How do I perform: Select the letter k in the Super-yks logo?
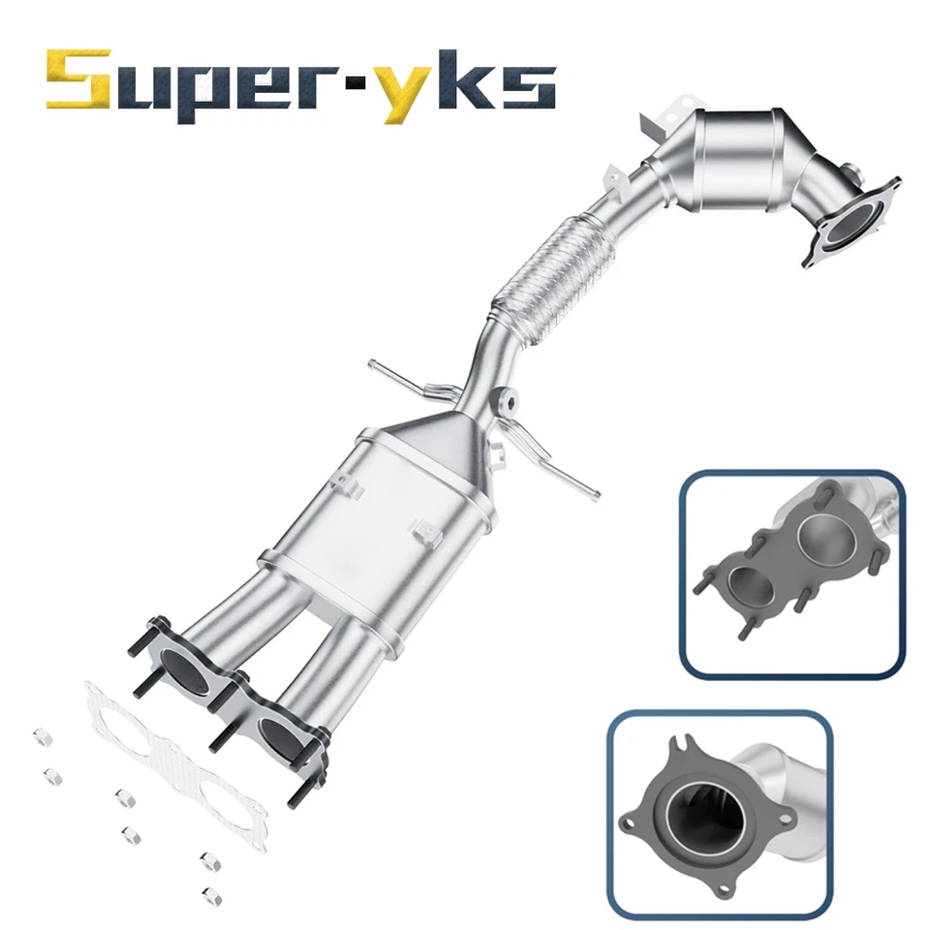[x=461, y=83]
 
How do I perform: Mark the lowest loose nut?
[x=205, y=892]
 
